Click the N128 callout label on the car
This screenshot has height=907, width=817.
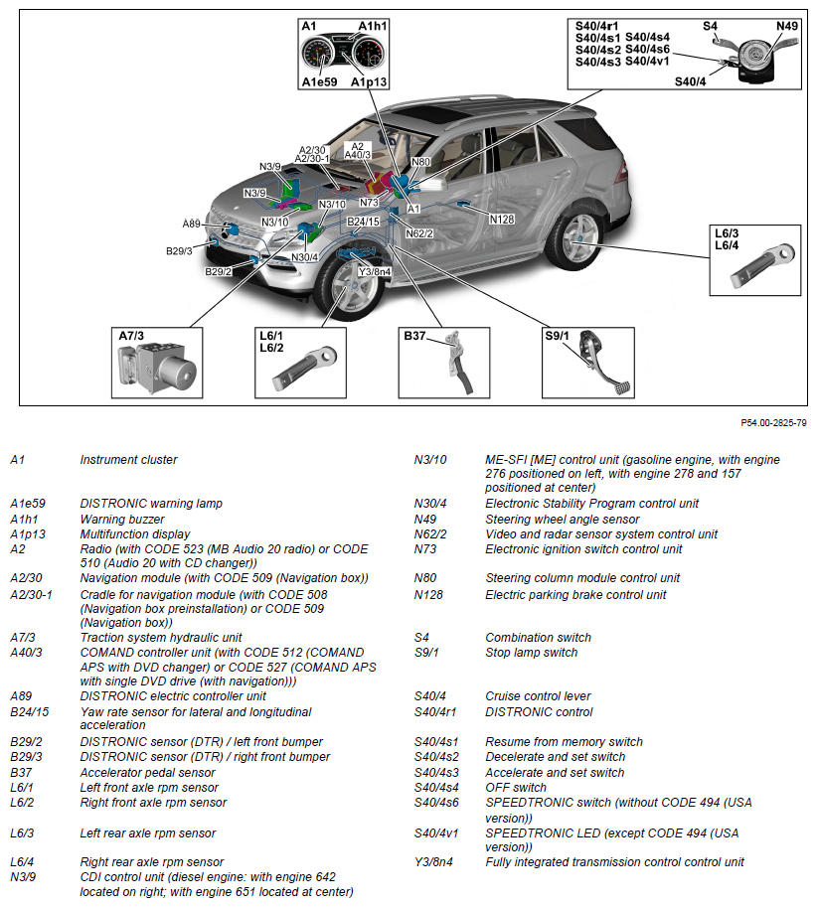point(502,219)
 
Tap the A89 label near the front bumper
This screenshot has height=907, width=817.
point(192,224)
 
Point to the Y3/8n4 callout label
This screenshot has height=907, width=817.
point(375,272)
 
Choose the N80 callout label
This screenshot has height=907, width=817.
point(420,162)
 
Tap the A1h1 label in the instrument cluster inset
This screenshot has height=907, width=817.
point(374,26)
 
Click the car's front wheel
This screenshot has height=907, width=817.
point(349,288)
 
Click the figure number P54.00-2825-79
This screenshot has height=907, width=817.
point(773,423)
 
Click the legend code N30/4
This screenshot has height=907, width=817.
point(430,504)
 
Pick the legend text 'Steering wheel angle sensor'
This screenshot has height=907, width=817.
point(562,519)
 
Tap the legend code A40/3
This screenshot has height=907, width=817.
point(26,652)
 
